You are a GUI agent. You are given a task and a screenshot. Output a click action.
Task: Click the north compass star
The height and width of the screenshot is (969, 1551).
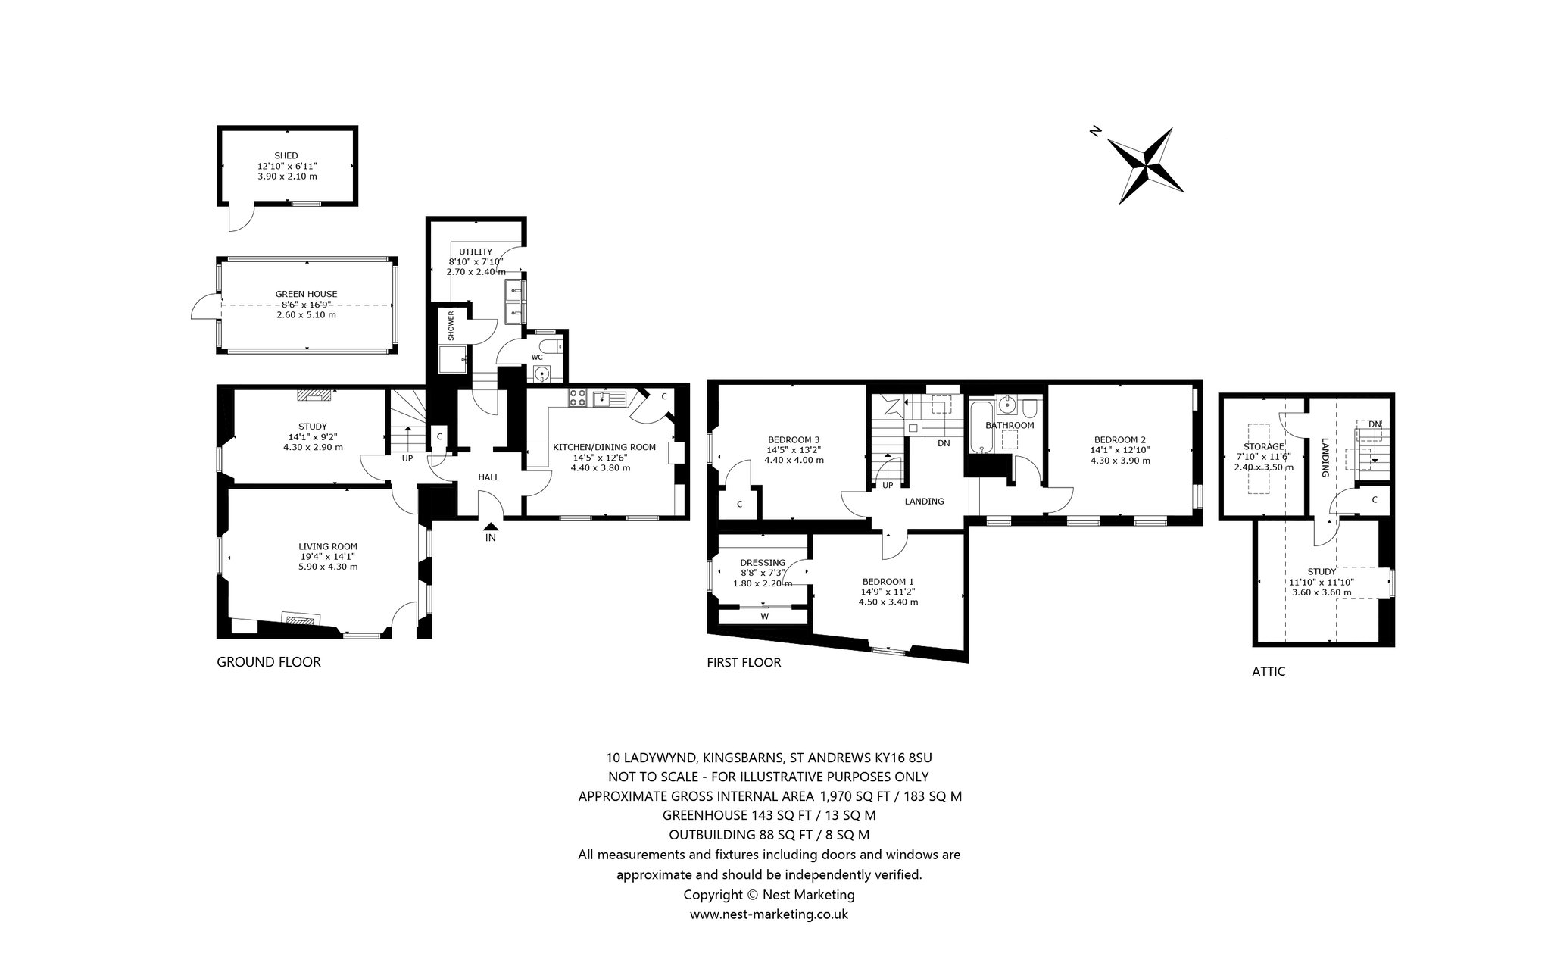[x=1146, y=166]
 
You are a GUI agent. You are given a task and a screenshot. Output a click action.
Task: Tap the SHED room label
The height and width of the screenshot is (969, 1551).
[x=286, y=155]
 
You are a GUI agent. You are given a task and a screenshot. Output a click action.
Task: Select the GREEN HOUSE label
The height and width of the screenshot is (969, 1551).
[x=306, y=294]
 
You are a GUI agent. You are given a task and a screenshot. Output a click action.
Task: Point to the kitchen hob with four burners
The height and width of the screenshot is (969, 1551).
[x=577, y=398]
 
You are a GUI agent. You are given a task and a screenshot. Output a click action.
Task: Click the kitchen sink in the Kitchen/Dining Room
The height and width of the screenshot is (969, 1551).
[x=609, y=398]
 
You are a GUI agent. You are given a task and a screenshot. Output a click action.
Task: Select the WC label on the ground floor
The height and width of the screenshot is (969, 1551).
[x=537, y=357]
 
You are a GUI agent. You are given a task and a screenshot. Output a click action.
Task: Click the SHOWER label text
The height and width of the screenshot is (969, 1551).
[x=451, y=326]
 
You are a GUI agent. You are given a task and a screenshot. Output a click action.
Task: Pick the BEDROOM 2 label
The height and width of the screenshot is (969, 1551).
[x=1120, y=439]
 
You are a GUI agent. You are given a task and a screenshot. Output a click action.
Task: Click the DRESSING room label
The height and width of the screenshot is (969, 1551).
[x=763, y=562]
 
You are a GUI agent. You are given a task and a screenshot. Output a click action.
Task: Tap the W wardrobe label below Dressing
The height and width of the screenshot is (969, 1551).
[x=765, y=616]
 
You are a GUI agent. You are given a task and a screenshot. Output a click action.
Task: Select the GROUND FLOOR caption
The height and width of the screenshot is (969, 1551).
[x=269, y=662]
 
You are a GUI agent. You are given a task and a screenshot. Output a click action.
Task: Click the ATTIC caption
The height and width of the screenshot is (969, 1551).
[x=1269, y=671]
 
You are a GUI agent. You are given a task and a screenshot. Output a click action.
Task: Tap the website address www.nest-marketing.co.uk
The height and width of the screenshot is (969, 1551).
[x=769, y=914]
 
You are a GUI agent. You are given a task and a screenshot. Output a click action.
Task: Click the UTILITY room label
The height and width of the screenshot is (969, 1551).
[x=476, y=252]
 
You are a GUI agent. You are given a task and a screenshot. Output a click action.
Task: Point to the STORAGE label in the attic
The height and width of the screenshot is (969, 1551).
[x=1264, y=446]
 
